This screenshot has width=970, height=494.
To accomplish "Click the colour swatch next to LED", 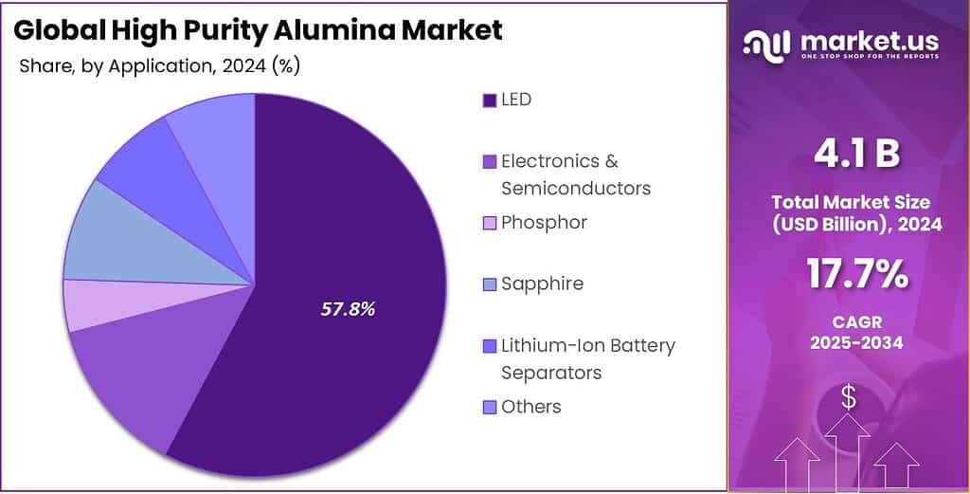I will (489, 101).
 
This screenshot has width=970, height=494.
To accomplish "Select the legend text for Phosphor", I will (544, 223).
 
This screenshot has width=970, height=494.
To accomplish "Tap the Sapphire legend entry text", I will (542, 284).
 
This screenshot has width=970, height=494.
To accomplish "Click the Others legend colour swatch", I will (489, 408).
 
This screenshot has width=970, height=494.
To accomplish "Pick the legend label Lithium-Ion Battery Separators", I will (587, 358).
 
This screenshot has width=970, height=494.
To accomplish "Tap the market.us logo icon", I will (766, 44).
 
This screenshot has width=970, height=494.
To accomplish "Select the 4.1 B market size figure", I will (850, 155).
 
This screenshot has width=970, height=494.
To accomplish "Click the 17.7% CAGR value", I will (850, 274).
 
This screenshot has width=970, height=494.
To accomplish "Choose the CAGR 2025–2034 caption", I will (850, 332).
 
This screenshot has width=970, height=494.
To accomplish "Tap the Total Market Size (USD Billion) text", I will (850, 213).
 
